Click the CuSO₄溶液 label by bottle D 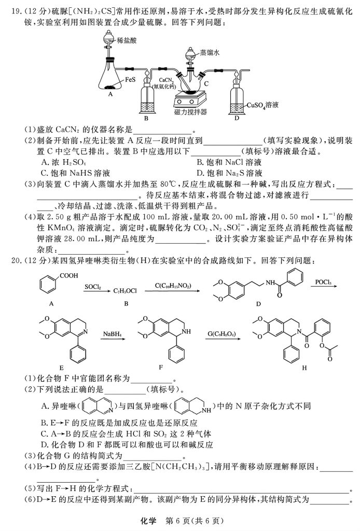[x=264, y=105]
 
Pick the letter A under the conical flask [x=110, y=94]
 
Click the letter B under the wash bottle [x=146, y=118]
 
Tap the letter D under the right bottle [x=237, y=118]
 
